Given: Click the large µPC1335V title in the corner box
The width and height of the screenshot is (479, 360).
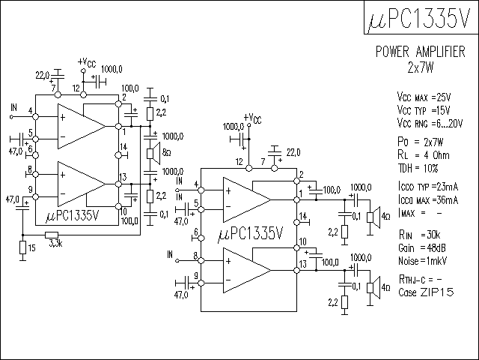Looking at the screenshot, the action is point(419,18).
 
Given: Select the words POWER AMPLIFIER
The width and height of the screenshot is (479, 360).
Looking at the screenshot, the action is point(421,52).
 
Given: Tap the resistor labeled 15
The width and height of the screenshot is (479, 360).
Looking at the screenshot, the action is point(22,247).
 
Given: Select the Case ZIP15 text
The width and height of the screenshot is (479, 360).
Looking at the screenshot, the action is point(426,292).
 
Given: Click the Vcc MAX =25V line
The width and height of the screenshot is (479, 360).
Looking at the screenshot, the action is point(424,97).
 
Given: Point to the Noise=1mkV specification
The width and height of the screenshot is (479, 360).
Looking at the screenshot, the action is point(422,261).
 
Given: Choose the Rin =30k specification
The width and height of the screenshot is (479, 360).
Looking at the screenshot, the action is point(419,235).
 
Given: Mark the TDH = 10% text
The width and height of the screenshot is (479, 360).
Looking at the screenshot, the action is point(418,168).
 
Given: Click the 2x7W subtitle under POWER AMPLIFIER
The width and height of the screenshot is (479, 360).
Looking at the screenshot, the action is point(421,67).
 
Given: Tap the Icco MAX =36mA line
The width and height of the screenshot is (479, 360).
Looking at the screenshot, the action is point(428,200).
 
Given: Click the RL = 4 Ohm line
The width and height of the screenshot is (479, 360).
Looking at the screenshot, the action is point(424,155).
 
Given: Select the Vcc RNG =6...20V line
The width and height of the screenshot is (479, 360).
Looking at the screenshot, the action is point(430,123).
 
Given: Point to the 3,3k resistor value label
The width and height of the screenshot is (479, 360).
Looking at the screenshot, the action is point(55,244).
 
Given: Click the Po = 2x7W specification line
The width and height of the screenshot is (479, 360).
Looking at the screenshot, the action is point(421,142).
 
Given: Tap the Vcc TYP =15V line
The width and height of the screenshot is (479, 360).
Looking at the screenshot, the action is point(424,110).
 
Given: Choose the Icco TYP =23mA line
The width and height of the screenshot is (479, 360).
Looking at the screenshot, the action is point(428,187).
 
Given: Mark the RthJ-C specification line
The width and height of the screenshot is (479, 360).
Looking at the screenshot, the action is point(421,279).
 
